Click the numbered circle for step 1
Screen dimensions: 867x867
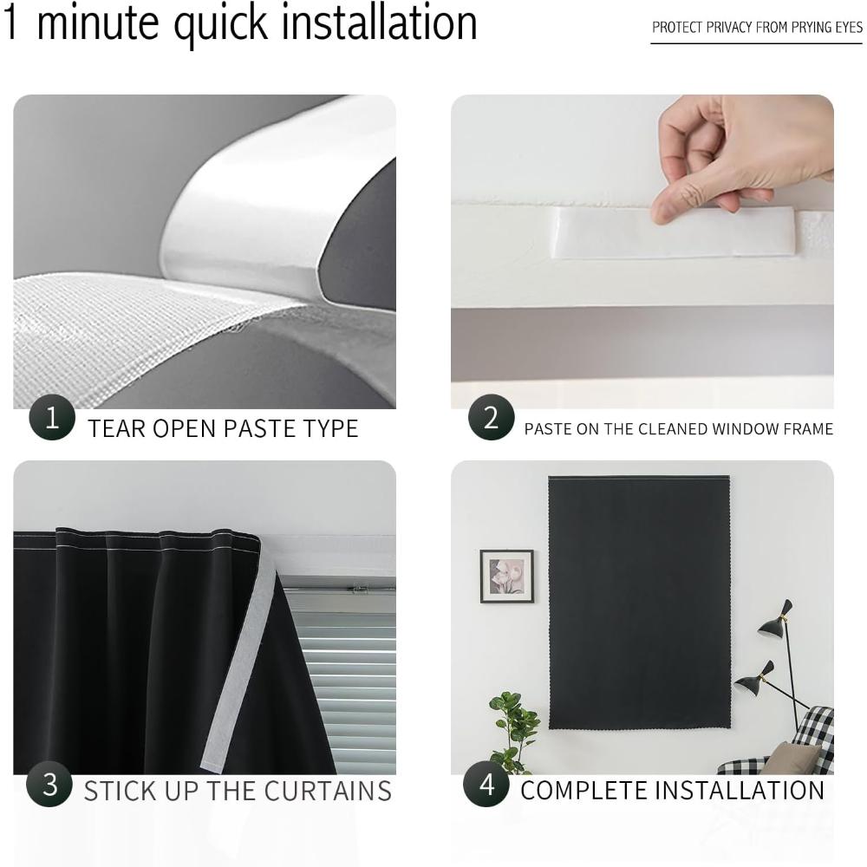coord(52,418)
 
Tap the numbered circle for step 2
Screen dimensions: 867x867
coord(491,418)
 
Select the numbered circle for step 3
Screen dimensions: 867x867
coord(49,784)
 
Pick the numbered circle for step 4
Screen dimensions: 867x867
coord(486,784)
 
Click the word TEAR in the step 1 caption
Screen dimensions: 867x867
coord(116,429)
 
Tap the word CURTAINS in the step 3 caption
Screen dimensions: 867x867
coord(328,792)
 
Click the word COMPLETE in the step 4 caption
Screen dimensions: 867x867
coord(583,791)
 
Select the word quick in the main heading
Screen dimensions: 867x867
coord(220,25)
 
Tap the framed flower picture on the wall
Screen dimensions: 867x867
coord(506,577)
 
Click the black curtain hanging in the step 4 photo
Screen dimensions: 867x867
coord(639,603)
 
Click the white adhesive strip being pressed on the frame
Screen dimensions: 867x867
coord(675,232)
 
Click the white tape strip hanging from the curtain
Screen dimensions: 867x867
coord(239,663)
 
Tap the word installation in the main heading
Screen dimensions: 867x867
coord(380,23)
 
